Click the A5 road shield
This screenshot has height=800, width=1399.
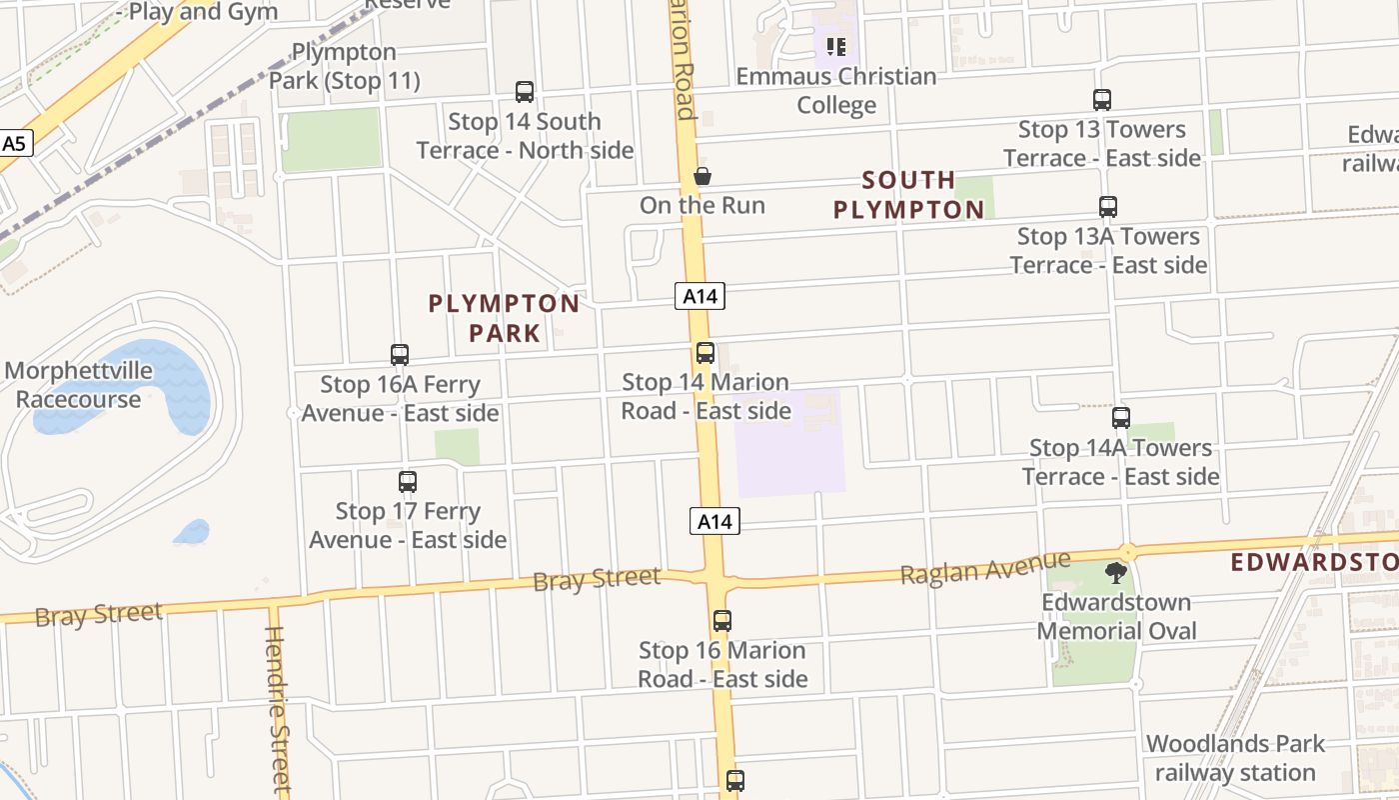[x=14, y=144]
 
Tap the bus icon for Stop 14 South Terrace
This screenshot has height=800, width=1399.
[x=525, y=92]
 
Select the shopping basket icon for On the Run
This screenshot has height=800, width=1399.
[x=702, y=177]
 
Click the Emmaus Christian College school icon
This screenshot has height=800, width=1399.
[x=836, y=46]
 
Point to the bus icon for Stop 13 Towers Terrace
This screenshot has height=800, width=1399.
[x=1102, y=100]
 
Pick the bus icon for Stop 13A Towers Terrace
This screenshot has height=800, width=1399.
[x=1108, y=207]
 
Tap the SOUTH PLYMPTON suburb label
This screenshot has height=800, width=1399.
[x=908, y=195]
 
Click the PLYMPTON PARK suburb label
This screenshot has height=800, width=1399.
[x=504, y=318]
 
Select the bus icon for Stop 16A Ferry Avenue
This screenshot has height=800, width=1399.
[x=400, y=355]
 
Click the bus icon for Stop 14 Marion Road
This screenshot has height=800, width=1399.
[x=705, y=353]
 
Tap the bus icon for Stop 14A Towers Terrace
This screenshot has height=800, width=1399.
[x=1121, y=418]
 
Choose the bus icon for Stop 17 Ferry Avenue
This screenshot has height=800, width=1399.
[x=408, y=482]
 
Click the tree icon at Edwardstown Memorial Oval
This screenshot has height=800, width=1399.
[x=1116, y=573]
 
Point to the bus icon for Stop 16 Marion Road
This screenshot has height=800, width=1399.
[x=722, y=621]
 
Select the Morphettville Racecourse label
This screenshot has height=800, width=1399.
[x=78, y=385]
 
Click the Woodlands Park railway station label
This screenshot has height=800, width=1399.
[x=1235, y=758]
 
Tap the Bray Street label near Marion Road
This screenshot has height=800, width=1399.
[x=597, y=578]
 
